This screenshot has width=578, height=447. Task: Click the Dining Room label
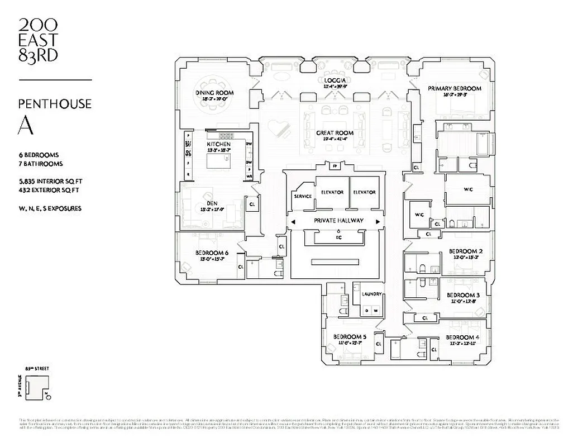pyautogui.click(x=214, y=93)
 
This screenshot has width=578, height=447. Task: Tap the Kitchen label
pyautogui.click(x=218, y=144)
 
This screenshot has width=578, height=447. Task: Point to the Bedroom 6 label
pyautogui.click(x=212, y=253)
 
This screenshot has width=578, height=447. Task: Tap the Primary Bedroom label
pyautogui.click(x=454, y=88)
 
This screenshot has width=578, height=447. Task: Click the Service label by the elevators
pyautogui.click(x=303, y=196)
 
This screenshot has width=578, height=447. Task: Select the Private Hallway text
pyautogui.click(x=338, y=221)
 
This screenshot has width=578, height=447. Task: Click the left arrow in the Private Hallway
pyautogui.click(x=292, y=221)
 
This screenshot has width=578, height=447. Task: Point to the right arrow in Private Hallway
pyautogui.click(x=379, y=221)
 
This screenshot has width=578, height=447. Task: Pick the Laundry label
pyautogui.click(x=371, y=294)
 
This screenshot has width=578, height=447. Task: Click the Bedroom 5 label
pyautogui.click(x=350, y=337)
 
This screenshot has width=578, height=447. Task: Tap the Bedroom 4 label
pyautogui.click(x=462, y=337)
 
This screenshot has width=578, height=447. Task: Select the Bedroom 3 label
pyautogui.click(x=463, y=296)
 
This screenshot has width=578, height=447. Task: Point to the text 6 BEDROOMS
pyautogui.click(x=39, y=155)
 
